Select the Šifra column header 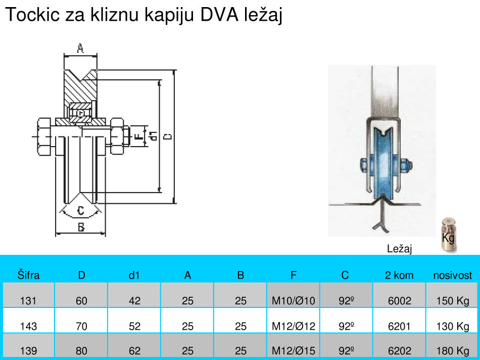pyautogui.click(x=28, y=276)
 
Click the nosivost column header pyautogui.click(x=453, y=276)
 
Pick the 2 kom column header pyautogui.click(x=399, y=276)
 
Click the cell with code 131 pyautogui.click(x=28, y=301)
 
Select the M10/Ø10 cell pyautogui.click(x=294, y=301)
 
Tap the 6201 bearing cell pyautogui.click(x=399, y=326)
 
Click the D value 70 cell pyautogui.click(x=81, y=326)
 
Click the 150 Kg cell pyautogui.click(x=453, y=301)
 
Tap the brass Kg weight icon pyautogui.click(x=448, y=235)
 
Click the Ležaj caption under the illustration pyautogui.click(x=400, y=248)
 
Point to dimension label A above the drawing pyautogui.click(x=80, y=49)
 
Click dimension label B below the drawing pyautogui.click(x=81, y=228)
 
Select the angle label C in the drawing pyautogui.click(x=80, y=210)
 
